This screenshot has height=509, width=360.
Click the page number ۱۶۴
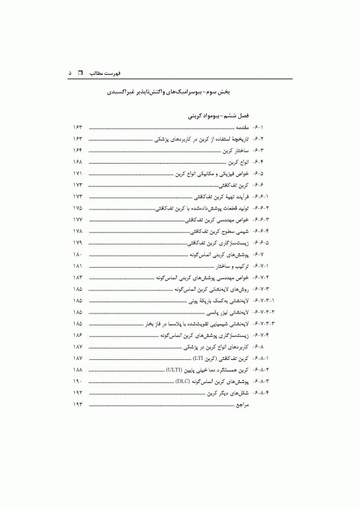click(x=77, y=151)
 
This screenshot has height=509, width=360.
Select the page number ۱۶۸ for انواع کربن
click(x=77, y=162)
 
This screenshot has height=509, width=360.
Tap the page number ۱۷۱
click(x=77, y=174)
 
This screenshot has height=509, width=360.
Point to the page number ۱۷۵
click(x=77, y=208)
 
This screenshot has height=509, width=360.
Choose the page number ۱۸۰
click(x=77, y=254)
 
